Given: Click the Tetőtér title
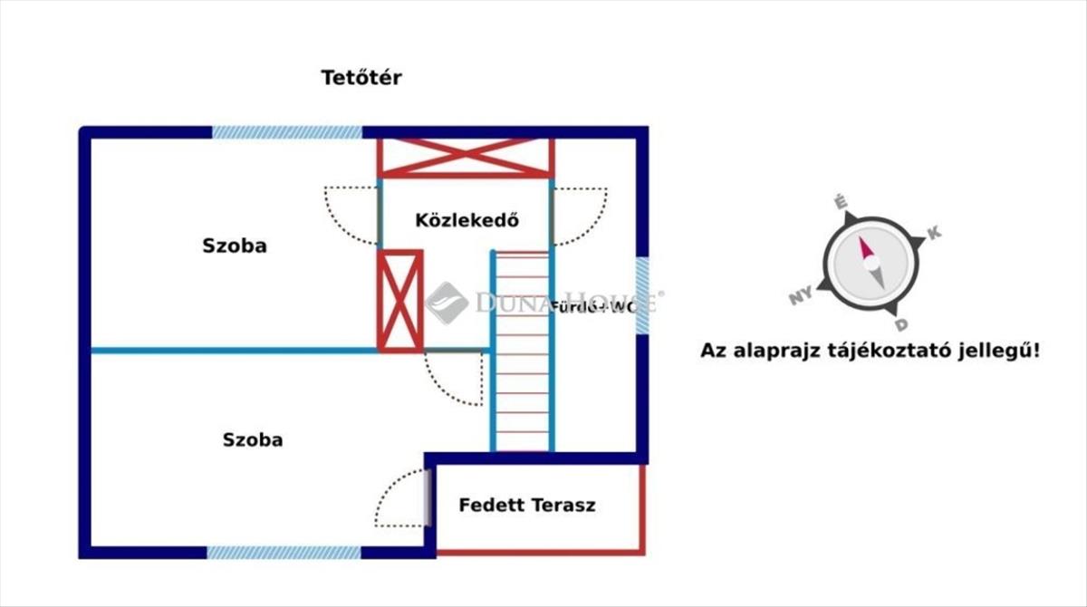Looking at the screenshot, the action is coord(361,78).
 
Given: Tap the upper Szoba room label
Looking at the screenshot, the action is coord(235,246).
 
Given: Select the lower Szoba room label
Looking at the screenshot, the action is coord(253,440).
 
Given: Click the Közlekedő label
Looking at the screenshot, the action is coord(467,220).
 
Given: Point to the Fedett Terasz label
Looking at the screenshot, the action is coord(527,506).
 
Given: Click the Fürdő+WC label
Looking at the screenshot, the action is coord(593,306).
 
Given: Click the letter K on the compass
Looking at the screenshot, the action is coord(935,233).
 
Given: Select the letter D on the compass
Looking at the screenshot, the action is coord(900,324).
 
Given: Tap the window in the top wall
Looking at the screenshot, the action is coord(287,132).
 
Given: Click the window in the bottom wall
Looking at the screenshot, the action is coord(284,552).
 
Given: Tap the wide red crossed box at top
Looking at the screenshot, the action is coord(466,157).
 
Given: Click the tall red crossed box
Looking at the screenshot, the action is coord(399,300).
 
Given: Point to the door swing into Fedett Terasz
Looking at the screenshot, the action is coord(401,497).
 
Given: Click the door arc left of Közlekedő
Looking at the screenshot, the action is coord(351,215).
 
